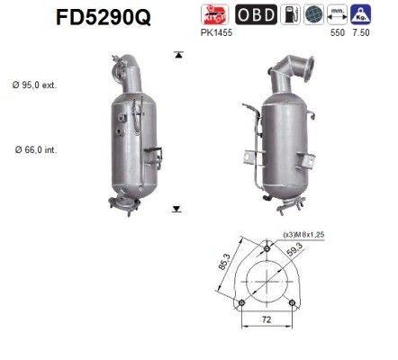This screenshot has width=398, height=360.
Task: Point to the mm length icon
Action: click(362, 16)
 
